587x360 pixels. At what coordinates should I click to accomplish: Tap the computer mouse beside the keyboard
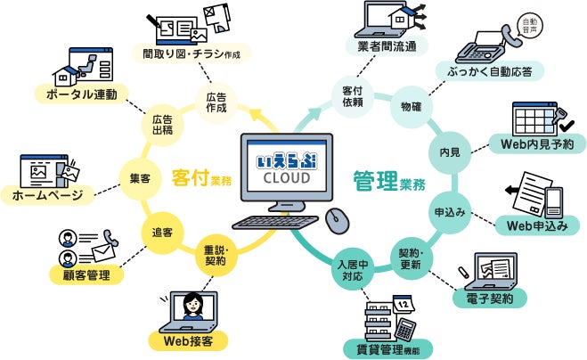(336, 218)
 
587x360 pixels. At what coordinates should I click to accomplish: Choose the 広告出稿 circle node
(162, 125)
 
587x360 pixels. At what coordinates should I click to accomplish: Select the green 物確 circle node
(412, 108)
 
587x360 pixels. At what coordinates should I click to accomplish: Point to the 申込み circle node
(450, 212)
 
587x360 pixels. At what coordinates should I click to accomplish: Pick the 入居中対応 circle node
(352, 271)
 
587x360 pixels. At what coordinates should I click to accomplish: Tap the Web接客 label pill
(189, 340)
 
